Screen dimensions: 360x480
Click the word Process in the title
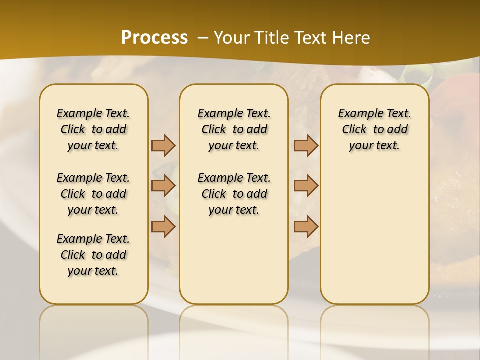(x=154, y=37)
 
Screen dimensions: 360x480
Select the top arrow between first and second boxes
(x=163, y=145)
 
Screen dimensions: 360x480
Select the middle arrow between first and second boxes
(x=163, y=186)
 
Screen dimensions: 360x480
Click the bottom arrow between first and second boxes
(x=163, y=226)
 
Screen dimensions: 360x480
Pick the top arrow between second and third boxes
(x=306, y=145)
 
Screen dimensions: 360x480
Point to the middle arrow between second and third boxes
(x=306, y=186)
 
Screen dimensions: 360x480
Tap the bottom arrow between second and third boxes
(x=306, y=226)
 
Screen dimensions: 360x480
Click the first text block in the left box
(x=93, y=129)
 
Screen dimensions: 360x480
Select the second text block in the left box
(x=93, y=194)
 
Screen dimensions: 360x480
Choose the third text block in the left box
(x=93, y=255)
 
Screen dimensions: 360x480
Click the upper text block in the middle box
(x=234, y=129)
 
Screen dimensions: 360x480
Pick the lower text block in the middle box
(x=234, y=194)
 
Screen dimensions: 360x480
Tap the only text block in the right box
(x=374, y=129)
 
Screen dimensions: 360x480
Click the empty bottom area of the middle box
(x=234, y=265)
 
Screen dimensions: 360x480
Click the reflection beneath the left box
(x=93, y=325)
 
